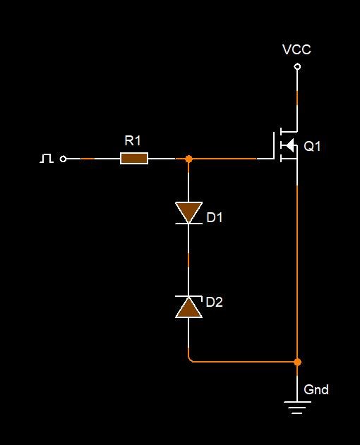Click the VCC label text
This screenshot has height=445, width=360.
point(296,49)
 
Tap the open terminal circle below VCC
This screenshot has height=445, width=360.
point(297,67)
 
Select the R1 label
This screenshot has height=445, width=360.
point(133,141)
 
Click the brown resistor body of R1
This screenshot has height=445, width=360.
point(134,159)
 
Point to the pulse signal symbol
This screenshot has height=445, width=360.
point(47,159)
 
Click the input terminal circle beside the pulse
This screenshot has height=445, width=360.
point(63,159)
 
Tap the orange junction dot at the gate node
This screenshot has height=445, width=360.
point(188,159)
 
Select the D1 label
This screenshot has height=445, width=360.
point(215,218)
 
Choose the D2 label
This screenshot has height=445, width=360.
point(215,303)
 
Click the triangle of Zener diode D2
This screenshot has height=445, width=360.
point(188,307)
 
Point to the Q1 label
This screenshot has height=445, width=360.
point(312,147)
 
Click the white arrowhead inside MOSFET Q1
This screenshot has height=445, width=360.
point(289,145)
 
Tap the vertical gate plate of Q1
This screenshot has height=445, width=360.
point(275,145)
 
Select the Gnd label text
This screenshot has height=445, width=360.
point(316,390)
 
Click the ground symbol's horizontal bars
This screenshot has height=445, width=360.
point(297,408)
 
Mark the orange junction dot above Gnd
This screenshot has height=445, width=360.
point(297,362)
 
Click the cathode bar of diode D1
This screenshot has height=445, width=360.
point(188,224)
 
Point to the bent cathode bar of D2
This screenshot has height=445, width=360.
point(188,297)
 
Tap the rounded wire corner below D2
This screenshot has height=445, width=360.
point(189,360)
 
